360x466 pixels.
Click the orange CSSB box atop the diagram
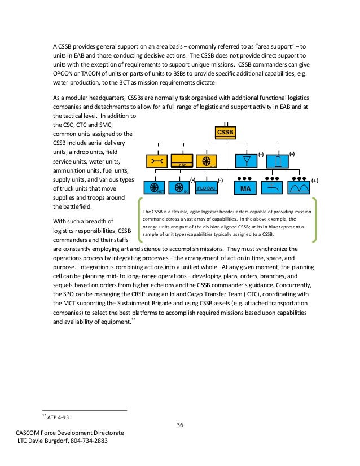[225, 133]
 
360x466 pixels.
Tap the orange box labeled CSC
[182, 161]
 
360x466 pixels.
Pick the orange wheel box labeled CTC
[207, 161]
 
